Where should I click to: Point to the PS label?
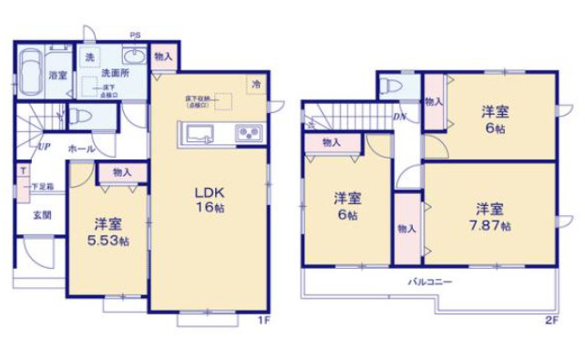[134, 36]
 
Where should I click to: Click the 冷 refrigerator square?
[256, 84]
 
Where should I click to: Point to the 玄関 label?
[42, 216]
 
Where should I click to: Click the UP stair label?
[43, 146]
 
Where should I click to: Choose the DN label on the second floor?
[399, 117]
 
